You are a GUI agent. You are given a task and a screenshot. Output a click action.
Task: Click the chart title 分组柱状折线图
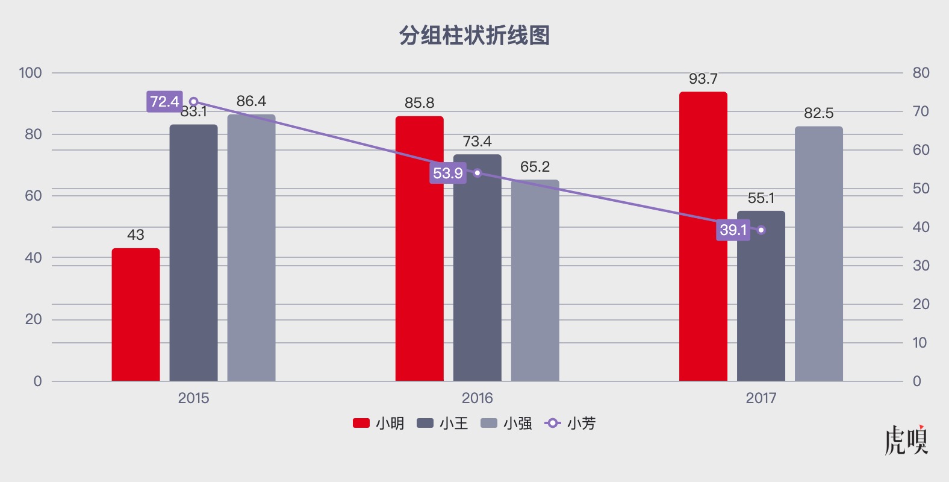[x=474, y=35]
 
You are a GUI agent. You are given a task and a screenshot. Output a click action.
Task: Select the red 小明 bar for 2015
[x=136, y=315]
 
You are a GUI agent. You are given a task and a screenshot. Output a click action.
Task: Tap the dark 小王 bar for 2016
[x=478, y=268]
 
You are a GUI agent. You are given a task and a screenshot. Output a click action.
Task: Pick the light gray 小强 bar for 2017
[x=819, y=254]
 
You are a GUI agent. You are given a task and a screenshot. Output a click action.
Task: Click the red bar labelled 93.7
[x=703, y=236]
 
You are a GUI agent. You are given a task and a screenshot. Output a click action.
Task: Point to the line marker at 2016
[x=478, y=173]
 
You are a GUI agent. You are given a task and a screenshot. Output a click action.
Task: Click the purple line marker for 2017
[x=761, y=230]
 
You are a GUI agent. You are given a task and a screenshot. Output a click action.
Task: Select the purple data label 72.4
[x=165, y=101]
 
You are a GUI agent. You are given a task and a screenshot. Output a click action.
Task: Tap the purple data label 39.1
[x=733, y=230]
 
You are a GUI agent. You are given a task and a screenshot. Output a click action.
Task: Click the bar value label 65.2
[x=535, y=167]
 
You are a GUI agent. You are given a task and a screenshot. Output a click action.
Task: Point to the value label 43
[x=135, y=235]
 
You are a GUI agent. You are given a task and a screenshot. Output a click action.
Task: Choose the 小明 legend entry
[x=378, y=423]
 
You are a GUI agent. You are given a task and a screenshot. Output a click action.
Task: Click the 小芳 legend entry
[x=570, y=423]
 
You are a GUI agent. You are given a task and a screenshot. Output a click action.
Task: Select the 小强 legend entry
[x=506, y=423]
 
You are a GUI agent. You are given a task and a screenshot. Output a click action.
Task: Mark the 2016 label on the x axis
[x=478, y=398]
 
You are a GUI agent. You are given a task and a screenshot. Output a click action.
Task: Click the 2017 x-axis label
[x=761, y=398]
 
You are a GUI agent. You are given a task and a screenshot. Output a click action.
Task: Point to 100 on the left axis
[x=31, y=73]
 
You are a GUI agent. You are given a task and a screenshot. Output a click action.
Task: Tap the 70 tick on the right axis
[x=921, y=111]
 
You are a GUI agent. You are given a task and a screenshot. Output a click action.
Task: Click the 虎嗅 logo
[x=906, y=440]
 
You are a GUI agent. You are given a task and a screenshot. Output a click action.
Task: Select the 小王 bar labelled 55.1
[x=761, y=296]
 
